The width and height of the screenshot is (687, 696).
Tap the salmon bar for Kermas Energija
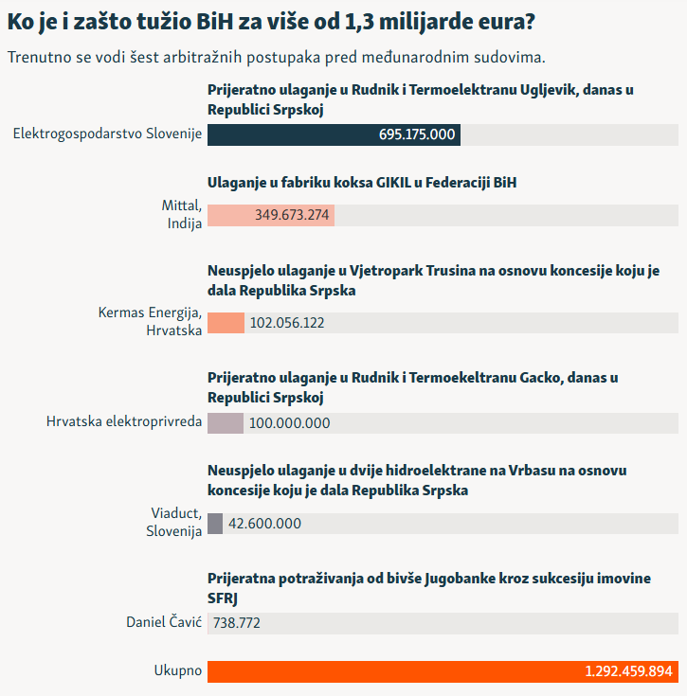(226, 323)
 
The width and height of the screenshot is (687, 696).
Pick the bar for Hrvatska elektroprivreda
(226, 423)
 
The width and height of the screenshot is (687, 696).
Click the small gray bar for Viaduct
(215, 524)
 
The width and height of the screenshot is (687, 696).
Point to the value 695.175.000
(417, 134)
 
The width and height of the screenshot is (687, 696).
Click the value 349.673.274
(292, 215)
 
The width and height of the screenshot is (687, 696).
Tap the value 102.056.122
(287, 323)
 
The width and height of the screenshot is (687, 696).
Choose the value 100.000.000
(289, 423)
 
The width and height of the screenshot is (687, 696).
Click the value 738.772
(237, 623)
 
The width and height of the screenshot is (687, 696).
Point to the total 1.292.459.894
(628, 671)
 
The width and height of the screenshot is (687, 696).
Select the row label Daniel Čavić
(164, 622)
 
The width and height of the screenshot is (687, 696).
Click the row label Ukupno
(178, 671)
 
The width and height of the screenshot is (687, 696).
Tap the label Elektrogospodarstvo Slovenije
(107, 134)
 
